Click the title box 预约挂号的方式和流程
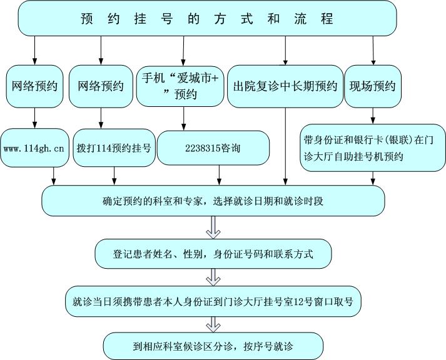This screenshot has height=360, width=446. [x=207, y=19]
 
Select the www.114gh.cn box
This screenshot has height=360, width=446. [x=34, y=149]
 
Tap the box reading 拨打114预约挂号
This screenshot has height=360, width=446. [x=114, y=149]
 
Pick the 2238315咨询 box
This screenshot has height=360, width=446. [x=213, y=149]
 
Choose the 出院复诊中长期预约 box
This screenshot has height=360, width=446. [x=285, y=86]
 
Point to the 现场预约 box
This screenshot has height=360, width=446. [x=373, y=86]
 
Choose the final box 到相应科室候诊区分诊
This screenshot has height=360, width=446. [x=213, y=345]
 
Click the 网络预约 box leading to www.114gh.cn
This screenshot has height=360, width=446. [x=34, y=86]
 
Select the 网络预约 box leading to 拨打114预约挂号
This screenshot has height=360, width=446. [x=101, y=86]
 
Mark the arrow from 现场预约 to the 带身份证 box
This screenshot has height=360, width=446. [x=373, y=115]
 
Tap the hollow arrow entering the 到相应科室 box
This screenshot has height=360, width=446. [x=213, y=324]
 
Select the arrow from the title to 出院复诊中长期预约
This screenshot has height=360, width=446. [x=285, y=50]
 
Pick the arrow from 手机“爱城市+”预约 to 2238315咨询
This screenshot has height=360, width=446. [x=183, y=117]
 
